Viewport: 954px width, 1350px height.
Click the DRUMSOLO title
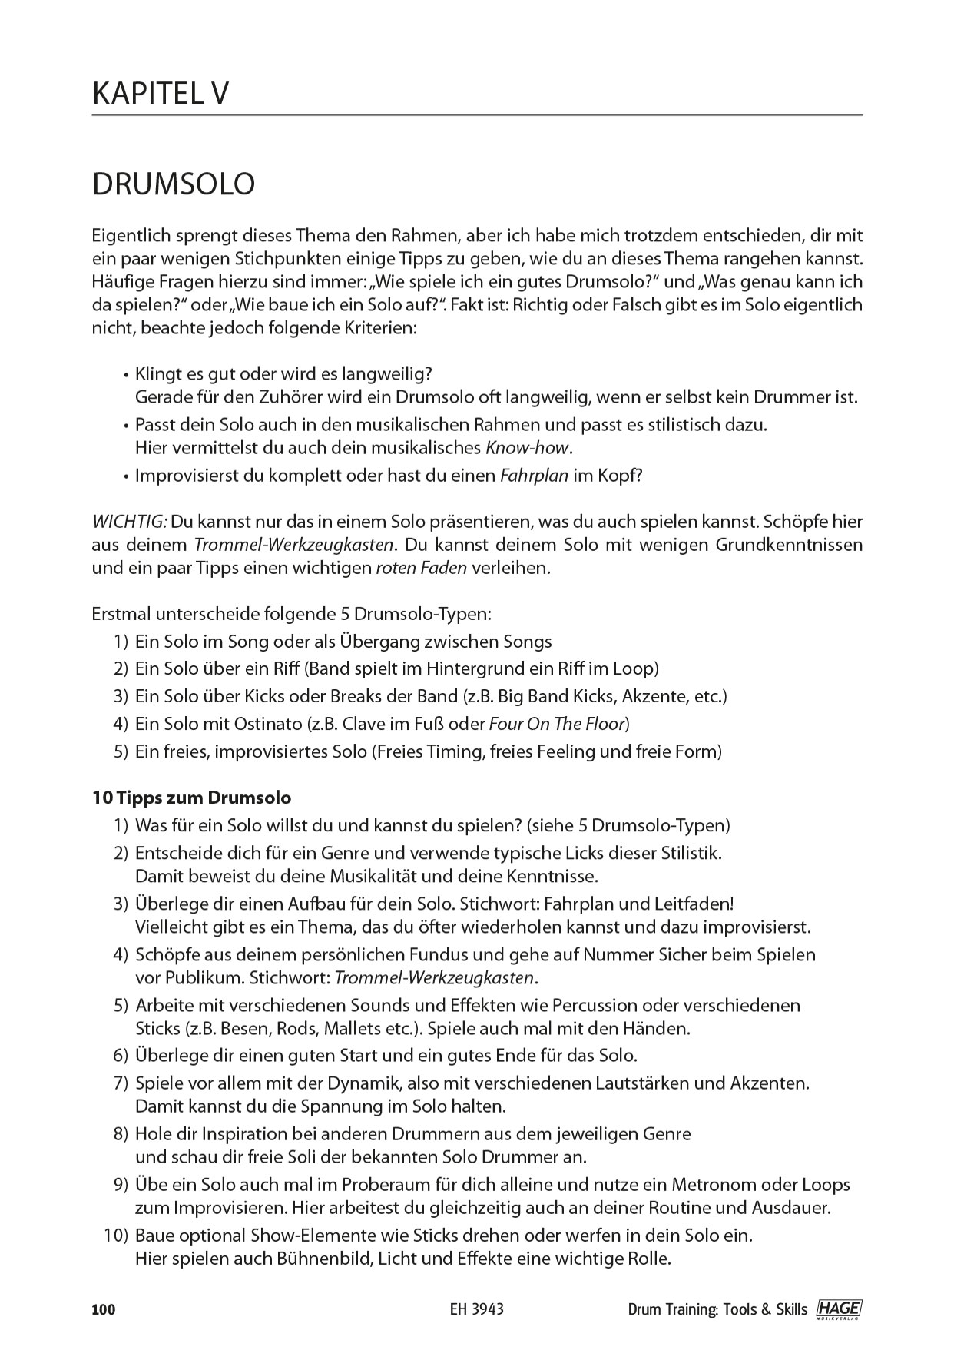tap(173, 184)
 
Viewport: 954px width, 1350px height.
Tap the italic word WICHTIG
tap(129, 522)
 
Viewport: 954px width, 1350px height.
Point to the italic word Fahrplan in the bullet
tap(534, 476)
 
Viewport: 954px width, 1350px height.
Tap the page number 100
tap(104, 1309)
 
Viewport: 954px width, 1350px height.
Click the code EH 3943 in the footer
tap(478, 1309)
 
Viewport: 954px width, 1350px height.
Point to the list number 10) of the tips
tap(114, 1236)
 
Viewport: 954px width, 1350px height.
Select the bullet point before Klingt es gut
tap(125, 375)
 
